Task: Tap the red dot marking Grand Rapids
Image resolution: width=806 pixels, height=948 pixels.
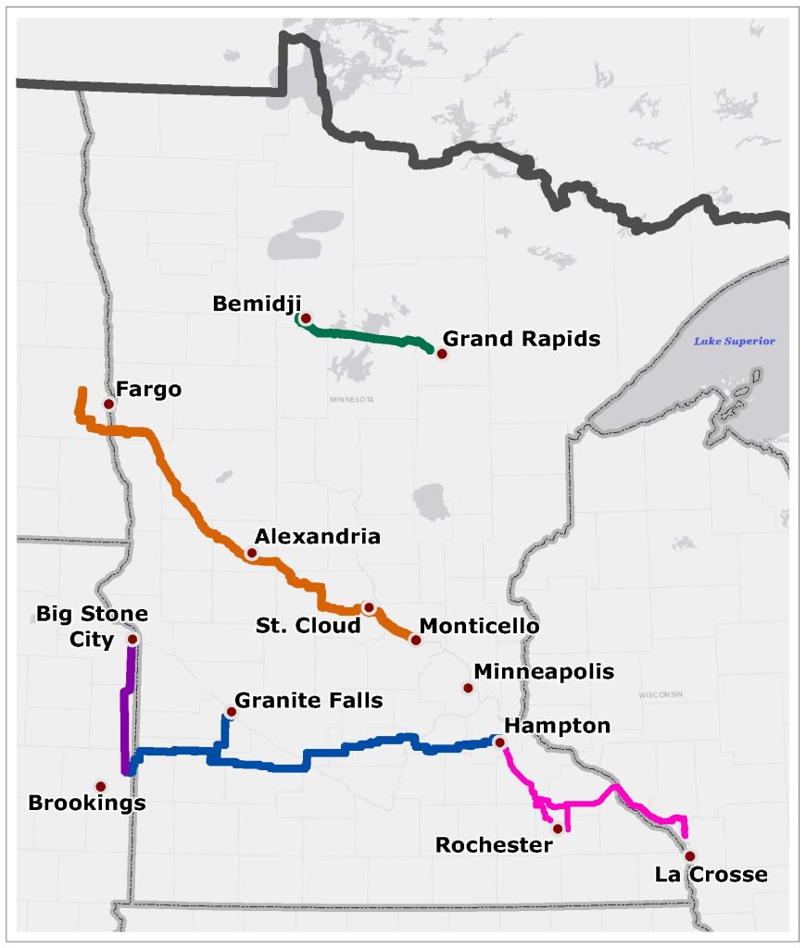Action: [x=442, y=354]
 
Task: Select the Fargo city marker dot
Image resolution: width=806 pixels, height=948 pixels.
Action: [x=108, y=404]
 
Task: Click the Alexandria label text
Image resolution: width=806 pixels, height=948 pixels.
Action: [x=317, y=536]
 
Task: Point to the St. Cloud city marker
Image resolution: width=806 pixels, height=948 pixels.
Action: [x=369, y=608]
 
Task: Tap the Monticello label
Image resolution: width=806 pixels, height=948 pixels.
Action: [x=479, y=626]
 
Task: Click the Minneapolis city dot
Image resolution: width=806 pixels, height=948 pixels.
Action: [x=468, y=687]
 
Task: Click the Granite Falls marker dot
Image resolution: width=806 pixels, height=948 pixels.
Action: [x=231, y=712]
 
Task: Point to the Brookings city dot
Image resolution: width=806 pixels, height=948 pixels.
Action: [x=100, y=786]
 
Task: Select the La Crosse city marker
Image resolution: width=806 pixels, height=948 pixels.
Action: [x=689, y=856]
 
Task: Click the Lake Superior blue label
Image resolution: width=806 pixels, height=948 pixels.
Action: [x=734, y=341]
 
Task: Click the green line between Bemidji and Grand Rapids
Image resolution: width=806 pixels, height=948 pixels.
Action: [x=371, y=338]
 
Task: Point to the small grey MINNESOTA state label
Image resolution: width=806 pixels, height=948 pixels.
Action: [x=351, y=400]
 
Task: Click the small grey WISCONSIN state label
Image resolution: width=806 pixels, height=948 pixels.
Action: [x=660, y=694]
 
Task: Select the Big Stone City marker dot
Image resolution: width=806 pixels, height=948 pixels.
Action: [x=132, y=639]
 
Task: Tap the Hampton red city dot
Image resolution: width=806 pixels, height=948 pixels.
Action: [x=499, y=742]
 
